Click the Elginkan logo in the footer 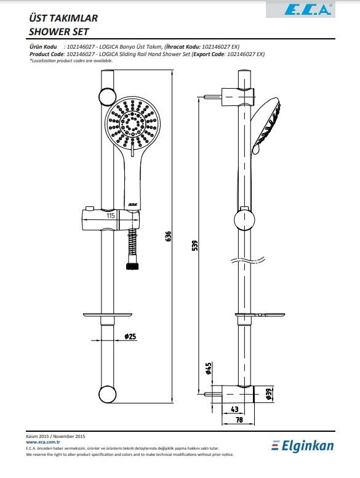click(x=303, y=446)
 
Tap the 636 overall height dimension click(x=169, y=237)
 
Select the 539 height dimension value click(x=195, y=245)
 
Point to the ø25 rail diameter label click(x=130, y=336)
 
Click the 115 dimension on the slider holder click(x=111, y=216)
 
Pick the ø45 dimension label click(x=209, y=368)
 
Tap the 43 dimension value click(x=235, y=409)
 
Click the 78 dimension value click(x=239, y=419)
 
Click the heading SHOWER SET click(x=59, y=31)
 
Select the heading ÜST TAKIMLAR click(x=63, y=18)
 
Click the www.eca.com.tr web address click(x=43, y=442)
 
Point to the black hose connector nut click(x=133, y=266)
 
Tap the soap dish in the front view click(x=107, y=315)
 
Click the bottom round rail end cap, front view click(x=107, y=394)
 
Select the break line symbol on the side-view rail click(x=247, y=261)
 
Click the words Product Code click(x=47, y=54)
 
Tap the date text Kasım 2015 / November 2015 click(x=55, y=436)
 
